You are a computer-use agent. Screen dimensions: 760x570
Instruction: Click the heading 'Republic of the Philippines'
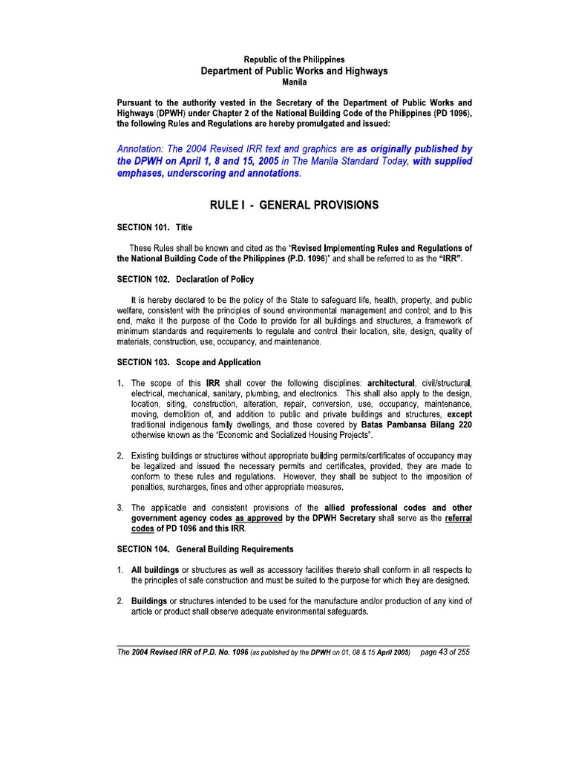[295, 59]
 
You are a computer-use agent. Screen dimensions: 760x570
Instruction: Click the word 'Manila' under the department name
[295, 82]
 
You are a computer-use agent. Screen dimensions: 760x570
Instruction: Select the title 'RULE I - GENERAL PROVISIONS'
[295, 205]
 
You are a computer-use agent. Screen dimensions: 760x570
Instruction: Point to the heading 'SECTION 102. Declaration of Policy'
[186, 279]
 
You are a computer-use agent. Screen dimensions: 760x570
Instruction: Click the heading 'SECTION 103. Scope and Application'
[189, 362]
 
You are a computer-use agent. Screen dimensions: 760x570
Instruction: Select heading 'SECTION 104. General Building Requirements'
[205, 549]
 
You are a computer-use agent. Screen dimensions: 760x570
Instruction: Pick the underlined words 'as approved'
[259, 518]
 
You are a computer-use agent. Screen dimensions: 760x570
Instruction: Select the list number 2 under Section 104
[120, 600]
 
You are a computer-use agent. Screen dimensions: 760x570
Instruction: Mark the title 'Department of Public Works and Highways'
[295, 71]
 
